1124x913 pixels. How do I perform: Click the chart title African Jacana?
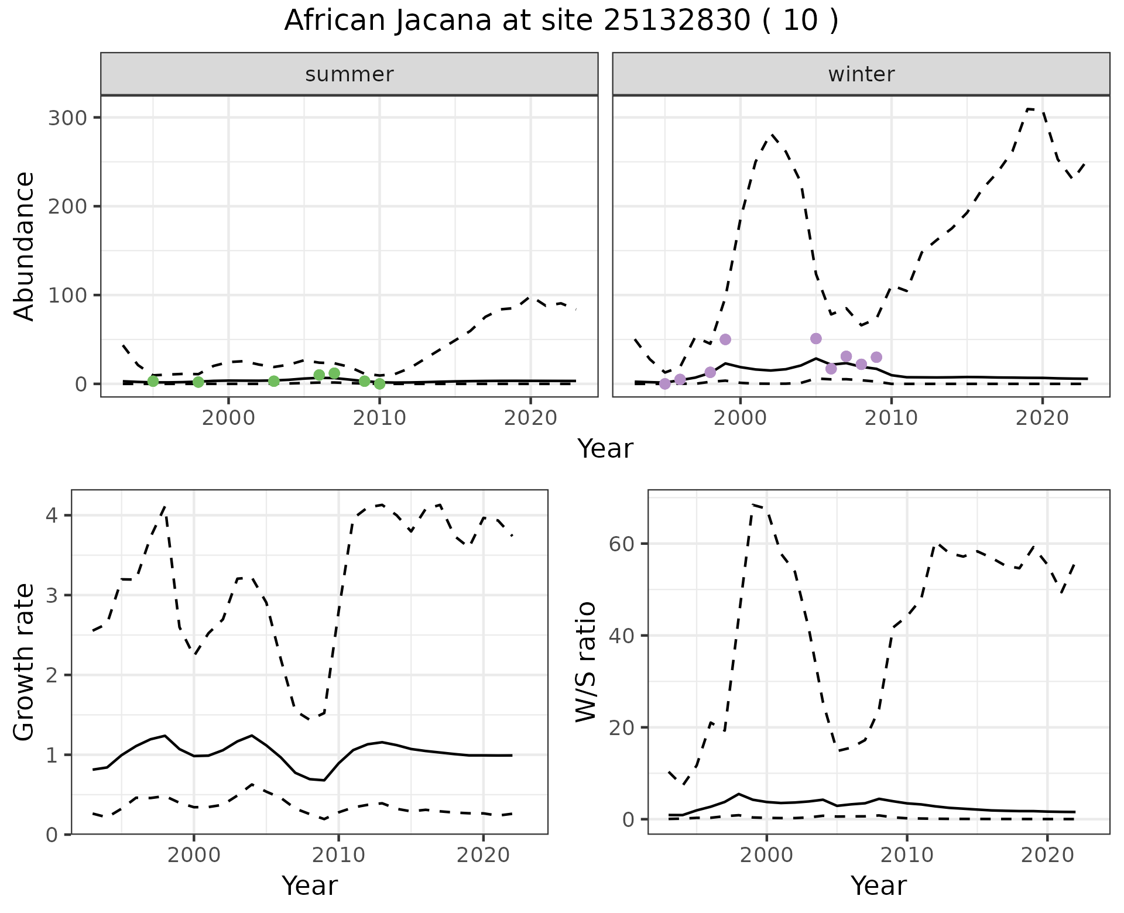[561, 21]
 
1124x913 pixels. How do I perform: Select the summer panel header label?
[349, 74]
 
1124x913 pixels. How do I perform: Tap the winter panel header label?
[861, 74]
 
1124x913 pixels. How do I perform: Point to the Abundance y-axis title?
[25, 246]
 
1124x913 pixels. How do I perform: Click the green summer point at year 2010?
[379, 384]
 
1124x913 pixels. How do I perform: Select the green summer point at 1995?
[153, 382]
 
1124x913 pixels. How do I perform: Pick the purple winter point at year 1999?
[725, 339]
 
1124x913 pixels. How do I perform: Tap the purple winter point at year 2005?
[816, 339]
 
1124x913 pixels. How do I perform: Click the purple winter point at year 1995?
[665, 384]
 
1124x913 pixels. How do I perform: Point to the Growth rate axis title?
[25, 662]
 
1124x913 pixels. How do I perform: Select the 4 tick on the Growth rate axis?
[52, 516]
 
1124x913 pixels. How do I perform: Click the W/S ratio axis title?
[586, 662]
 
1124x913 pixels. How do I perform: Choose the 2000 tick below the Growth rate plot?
[194, 855]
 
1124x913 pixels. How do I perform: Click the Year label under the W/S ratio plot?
[879, 885]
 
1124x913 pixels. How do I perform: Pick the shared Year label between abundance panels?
[605, 449]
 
